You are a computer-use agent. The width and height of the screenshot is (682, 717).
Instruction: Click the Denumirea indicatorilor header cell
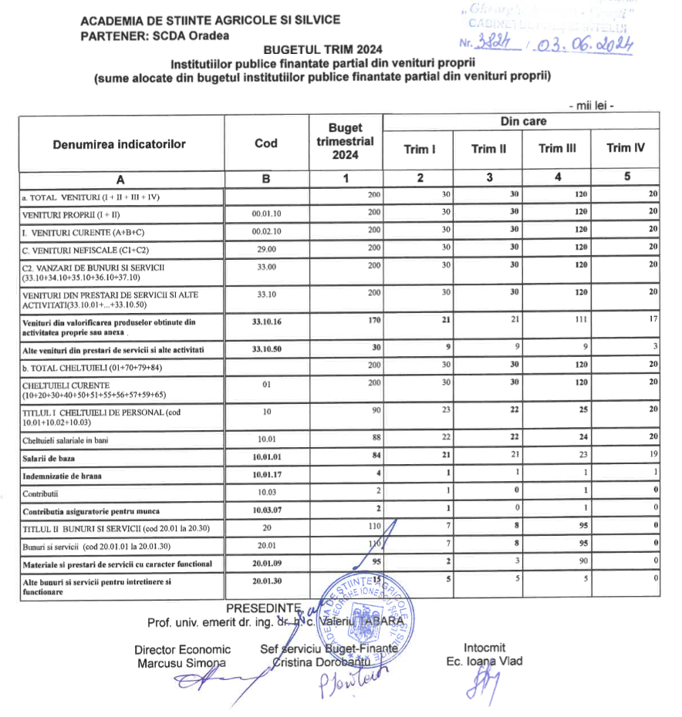click(x=120, y=143)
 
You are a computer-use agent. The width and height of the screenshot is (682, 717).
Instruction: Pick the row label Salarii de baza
click(x=54, y=459)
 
